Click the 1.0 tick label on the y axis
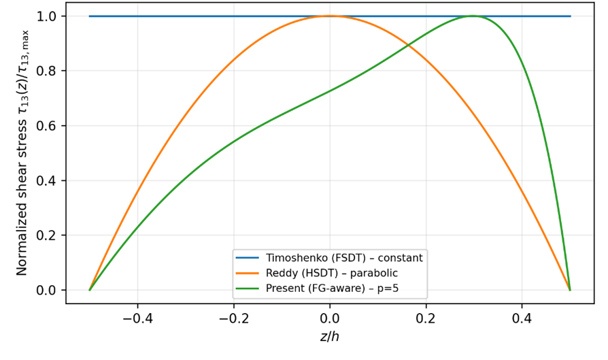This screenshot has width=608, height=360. coord(48,16)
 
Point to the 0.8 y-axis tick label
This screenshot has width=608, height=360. coord(48,71)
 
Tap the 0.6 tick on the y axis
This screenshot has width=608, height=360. coord(48,126)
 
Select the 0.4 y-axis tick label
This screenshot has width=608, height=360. coord(48,181)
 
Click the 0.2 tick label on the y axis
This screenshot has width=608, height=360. coord(48,235)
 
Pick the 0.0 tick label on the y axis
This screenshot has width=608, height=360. coord(48,291)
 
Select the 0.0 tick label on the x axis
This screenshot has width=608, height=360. coord(330,317)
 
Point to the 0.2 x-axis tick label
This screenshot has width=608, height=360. coord(426,317)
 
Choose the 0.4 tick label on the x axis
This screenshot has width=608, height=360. coord(522,317)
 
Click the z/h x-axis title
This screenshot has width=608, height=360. coord(330,337)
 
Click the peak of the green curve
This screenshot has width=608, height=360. coord(473,16)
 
